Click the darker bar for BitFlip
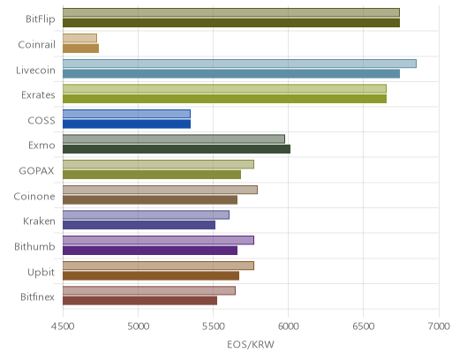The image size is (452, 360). [x=231, y=23]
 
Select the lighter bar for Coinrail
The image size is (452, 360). [x=79, y=38]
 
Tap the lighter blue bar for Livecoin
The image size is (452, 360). [x=239, y=64]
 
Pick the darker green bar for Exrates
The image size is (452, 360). [x=224, y=99]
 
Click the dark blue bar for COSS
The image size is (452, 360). [x=126, y=124]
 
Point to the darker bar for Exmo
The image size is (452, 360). [x=177, y=149]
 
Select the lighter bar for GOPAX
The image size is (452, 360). [x=158, y=164]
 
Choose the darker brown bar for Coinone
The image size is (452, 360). [x=150, y=200]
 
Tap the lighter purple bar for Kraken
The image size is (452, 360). [x=146, y=215]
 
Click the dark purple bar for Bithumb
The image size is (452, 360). [x=150, y=251]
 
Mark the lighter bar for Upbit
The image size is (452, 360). [x=158, y=266]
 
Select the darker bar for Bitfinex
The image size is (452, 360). [x=139, y=301]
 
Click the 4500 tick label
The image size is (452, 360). [x=63, y=326]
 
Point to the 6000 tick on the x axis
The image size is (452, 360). [x=288, y=326]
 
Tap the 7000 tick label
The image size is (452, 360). [x=439, y=326]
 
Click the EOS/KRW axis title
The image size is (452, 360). [x=251, y=344]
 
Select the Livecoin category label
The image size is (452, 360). [x=35, y=71]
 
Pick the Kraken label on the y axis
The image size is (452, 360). [x=39, y=221]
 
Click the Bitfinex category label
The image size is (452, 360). [x=37, y=297]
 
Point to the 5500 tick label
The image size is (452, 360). [x=213, y=326]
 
